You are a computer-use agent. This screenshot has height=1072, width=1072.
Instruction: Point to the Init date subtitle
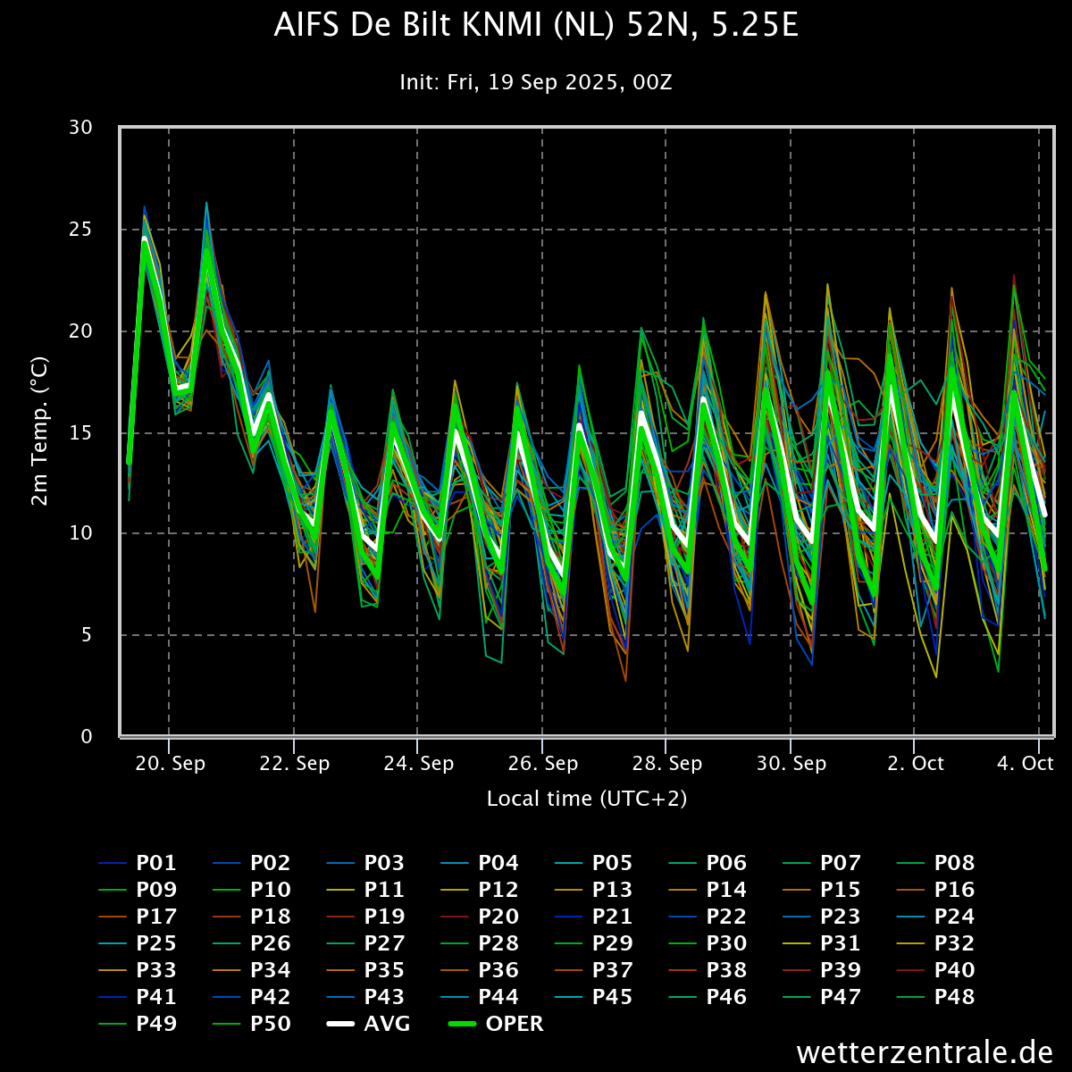coord(536,82)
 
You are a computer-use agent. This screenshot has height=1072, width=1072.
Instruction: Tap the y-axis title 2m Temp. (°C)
coord(39,431)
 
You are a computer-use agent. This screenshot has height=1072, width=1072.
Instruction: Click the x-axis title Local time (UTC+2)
coord(587,799)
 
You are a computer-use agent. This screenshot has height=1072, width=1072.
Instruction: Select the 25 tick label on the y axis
coord(80,229)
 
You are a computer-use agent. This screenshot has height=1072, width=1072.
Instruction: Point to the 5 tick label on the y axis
coord(87,635)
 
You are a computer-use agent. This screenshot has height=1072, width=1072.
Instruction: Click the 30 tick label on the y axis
coord(80,128)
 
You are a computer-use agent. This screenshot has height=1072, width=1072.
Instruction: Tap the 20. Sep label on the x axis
coord(171,763)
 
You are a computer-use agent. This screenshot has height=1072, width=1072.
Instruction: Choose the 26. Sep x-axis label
coord(543,763)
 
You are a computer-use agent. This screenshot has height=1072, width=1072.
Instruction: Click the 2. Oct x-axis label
coord(916,763)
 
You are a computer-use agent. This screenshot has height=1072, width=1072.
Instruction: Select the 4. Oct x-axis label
coord(1026,763)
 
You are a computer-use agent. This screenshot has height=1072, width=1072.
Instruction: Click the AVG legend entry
coord(369,1024)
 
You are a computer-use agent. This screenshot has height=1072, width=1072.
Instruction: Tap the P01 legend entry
coord(138,863)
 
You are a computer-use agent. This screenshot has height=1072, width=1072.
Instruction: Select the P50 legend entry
coord(251,1024)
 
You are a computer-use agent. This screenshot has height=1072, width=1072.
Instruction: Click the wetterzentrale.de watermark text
coord(925,1052)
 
